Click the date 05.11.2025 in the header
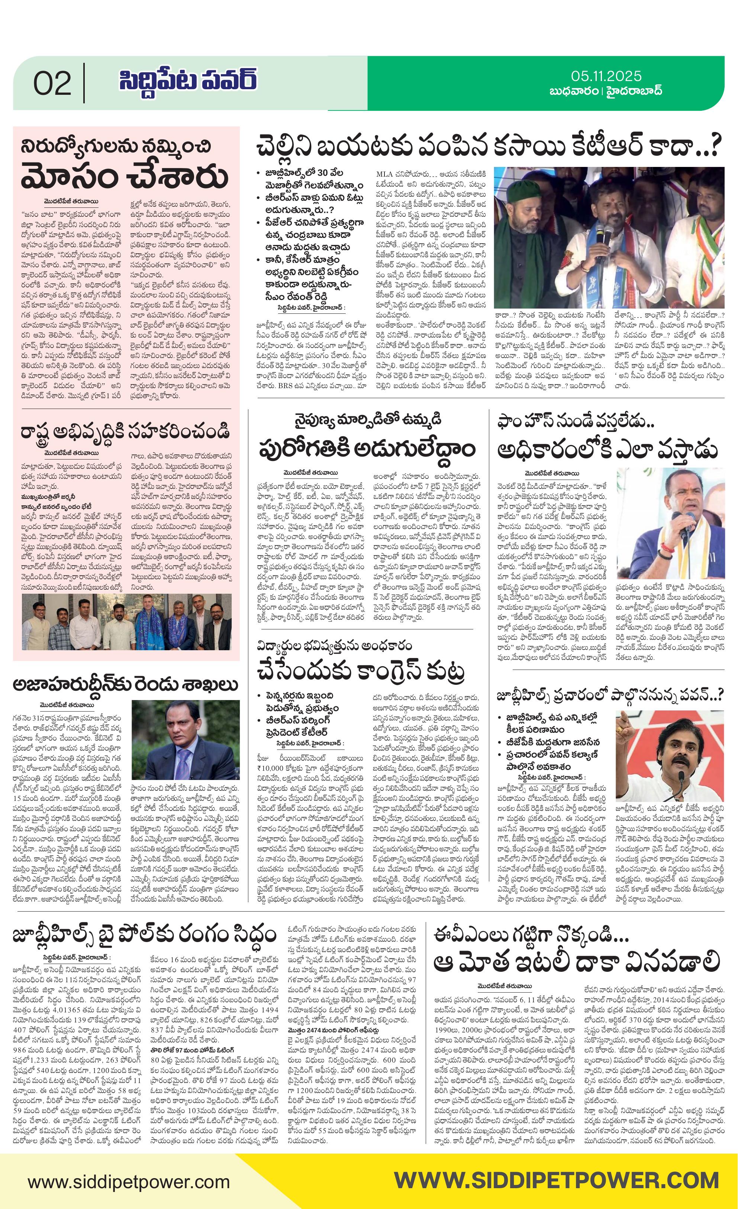click(x=606, y=76)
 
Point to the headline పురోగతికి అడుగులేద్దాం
click(x=367, y=448)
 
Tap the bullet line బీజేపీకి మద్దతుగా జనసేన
click(x=552, y=742)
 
